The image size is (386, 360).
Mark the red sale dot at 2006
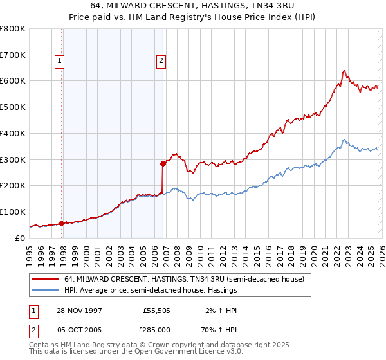(x=163, y=163)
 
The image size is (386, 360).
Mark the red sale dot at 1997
(x=62, y=223)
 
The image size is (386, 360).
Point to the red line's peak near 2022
(x=345, y=70)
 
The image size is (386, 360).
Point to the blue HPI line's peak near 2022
(x=344, y=139)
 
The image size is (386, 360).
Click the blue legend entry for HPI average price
(x=151, y=290)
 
